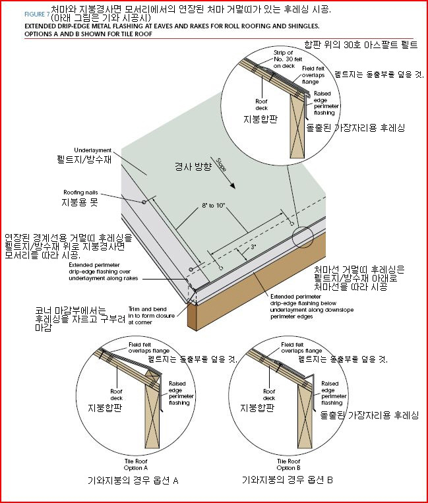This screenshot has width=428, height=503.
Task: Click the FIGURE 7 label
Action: coord(37,14)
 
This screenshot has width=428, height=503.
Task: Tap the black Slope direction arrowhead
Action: coord(232,185)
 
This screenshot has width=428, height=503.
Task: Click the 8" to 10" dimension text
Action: coord(214,205)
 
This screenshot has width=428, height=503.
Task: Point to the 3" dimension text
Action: coord(253,247)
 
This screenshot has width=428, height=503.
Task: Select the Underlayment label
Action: coord(93,150)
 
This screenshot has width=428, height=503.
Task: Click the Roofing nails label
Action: coord(80,192)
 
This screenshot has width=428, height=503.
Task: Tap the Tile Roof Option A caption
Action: coord(136,465)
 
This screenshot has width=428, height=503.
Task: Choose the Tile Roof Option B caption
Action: coord(288,465)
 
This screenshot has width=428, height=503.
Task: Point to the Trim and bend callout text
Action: coord(152,316)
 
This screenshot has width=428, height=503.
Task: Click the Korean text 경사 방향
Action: coord(193,166)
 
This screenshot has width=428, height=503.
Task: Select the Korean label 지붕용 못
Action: coord(80,202)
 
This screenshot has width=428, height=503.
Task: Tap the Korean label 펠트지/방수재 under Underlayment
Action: coord(84,160)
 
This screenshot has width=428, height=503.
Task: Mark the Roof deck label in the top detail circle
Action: coord(262,105)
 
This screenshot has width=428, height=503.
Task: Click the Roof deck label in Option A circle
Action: coord(117,395)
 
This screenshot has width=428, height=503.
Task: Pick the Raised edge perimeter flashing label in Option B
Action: coord(334,393)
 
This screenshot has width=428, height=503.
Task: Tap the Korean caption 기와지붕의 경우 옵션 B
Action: coord(287,480)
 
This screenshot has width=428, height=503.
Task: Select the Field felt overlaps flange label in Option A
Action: coord(149,347)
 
